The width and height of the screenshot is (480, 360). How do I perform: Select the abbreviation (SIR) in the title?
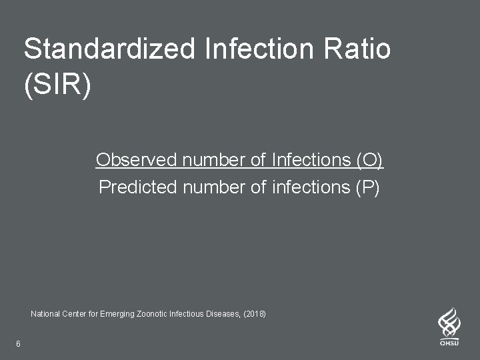tap(57, 87)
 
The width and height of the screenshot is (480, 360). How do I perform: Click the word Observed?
tap(136, 160)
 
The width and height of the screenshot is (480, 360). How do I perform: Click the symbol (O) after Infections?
tap(370, 160)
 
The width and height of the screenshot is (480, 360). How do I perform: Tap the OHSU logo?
tap(449, 327)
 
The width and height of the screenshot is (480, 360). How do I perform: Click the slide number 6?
tap(18, 344)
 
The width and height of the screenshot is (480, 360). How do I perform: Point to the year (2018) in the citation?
tap(254, 313)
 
